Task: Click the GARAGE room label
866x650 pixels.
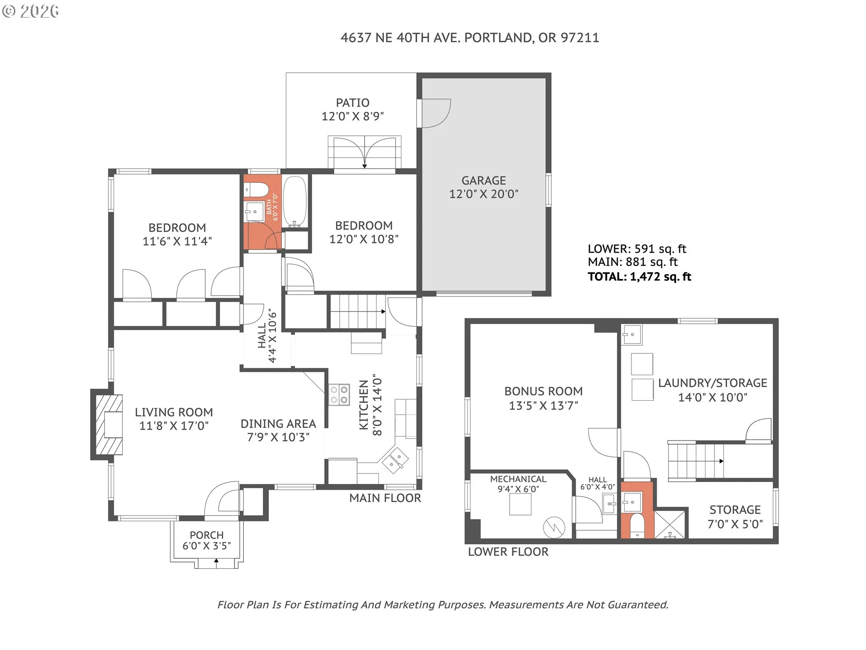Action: click(484, 181)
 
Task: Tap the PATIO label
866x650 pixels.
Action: click(353, 103)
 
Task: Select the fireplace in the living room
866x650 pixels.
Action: click(107, 424)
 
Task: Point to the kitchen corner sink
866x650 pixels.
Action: click(395, 460)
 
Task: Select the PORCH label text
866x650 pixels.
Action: click(207, 535)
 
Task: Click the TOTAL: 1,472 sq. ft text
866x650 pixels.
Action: click(639, 277)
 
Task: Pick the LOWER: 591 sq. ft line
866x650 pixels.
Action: click(637, 249)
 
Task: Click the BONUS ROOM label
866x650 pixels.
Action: click(544, 391)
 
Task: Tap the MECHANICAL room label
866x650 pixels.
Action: click(518, 479)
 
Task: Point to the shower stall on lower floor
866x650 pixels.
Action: click(670, 524)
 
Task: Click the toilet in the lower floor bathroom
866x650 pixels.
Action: click(637, 525)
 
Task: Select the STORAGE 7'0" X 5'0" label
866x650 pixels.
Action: click(735, 517)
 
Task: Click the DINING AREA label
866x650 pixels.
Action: click(278, 424)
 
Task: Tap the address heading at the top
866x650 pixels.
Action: click(470, 37)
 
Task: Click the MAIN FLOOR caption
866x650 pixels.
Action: click(385, 498)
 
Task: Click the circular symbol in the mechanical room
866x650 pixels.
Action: click(554, 527)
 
